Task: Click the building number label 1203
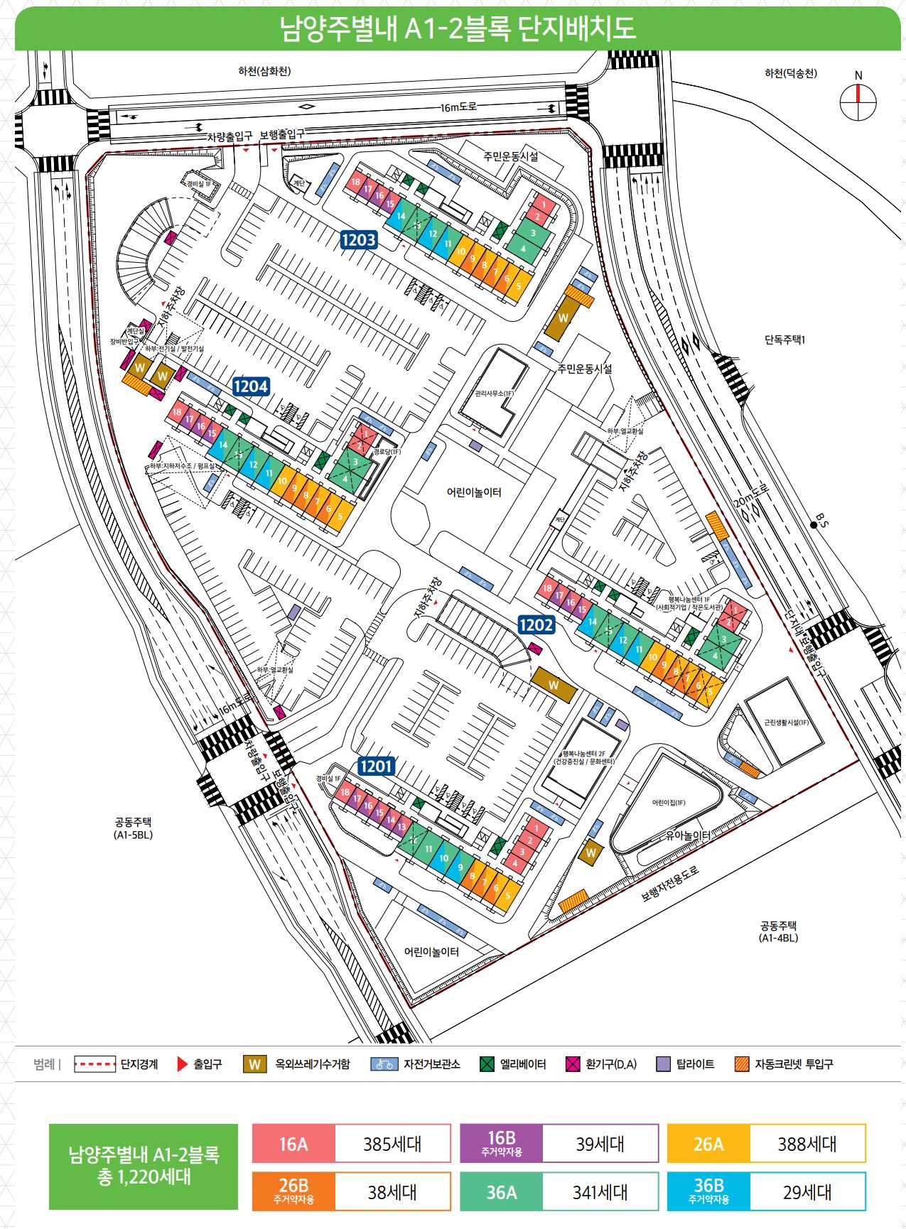click(x=358, y=240)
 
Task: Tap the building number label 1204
click(x=251, y=386)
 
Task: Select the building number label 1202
click(x=536, y=624)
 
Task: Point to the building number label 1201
click(x=376, y=766)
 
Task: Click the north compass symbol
click(x=858, y=102)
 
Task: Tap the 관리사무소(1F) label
click(x=495, y=393)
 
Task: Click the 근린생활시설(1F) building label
click(x=787, y=722)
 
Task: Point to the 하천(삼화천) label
click(x=264, y=71)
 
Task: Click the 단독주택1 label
click(x=784, y=340)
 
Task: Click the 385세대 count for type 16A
click(x=392, y=1144)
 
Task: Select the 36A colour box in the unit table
click(x=501, y=1192)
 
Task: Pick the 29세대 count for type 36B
click(x=807, y=1192)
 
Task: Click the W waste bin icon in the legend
click(x=254, y=1064)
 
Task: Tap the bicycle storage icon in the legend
click(x=384, y=1064)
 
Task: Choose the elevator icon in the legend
click(x=487, y=1064)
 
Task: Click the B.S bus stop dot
click(x=814, y=525)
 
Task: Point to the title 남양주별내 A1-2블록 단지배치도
click(x=458, y=28)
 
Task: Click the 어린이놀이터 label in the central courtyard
click(x=474, y=492)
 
